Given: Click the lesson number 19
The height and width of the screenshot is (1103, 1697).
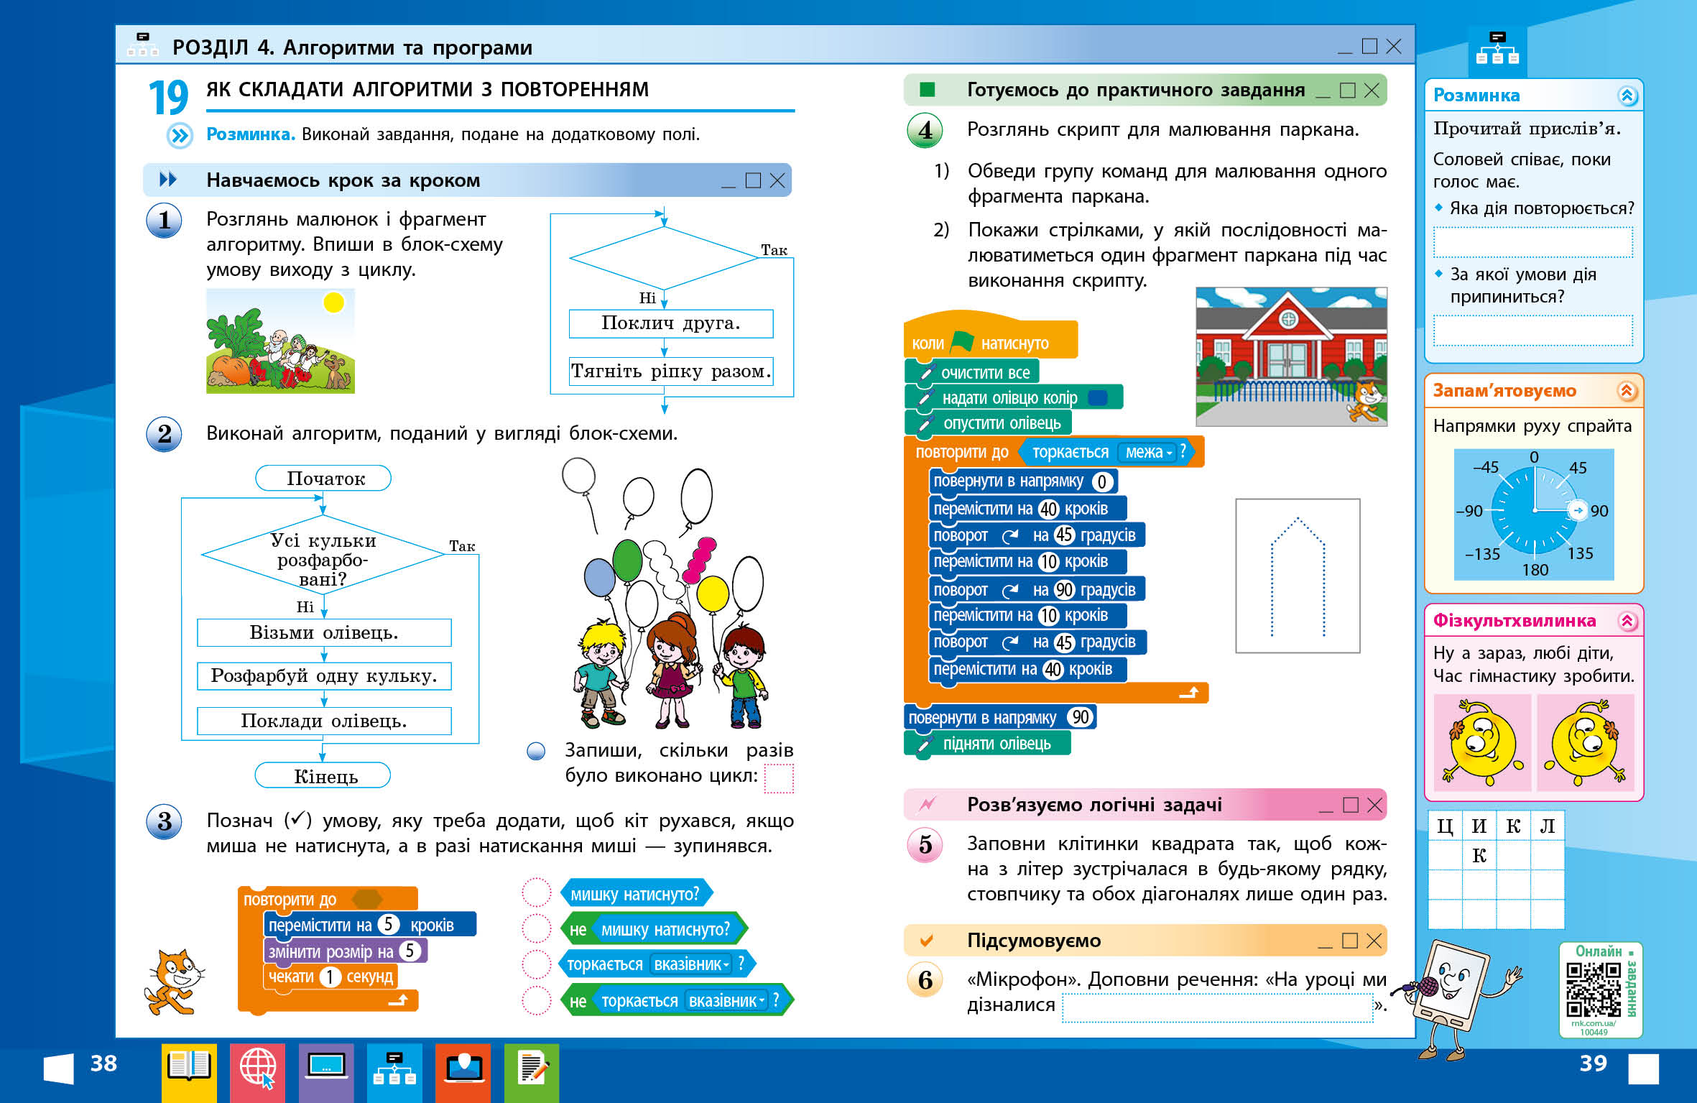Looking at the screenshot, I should [x=168, y=97].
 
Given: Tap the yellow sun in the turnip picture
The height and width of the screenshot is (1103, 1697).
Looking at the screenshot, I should [x=333, y=303].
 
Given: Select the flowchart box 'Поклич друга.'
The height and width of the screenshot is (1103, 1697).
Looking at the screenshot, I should [x=670, y=323].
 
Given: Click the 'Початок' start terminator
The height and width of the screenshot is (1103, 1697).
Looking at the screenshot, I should [x=323, y=479].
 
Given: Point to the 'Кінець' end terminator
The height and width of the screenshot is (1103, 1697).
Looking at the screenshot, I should [x=323, y=776].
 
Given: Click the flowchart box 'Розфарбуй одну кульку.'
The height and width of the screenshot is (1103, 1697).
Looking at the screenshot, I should [x=324, y=676].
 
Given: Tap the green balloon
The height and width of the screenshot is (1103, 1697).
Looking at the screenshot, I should [x=627, y=560].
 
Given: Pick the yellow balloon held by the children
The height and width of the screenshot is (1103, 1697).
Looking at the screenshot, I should [x=713, y=594].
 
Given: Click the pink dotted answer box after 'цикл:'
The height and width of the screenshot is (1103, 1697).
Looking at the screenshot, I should [x=779, y=778].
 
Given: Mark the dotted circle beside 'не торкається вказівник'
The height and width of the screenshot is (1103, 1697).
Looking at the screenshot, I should [x=536, y=1000].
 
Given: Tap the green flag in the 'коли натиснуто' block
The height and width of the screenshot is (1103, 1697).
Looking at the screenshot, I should [x=962, y=342].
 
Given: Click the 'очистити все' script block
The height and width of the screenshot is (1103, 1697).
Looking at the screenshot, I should [x=984, y=372].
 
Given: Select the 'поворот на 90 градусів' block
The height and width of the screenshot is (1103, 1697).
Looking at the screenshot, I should [x=1035, y=590].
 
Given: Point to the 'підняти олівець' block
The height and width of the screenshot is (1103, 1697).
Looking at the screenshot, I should [x=996, y=744].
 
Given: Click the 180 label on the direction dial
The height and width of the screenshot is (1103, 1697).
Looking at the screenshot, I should [x=1535, y=570].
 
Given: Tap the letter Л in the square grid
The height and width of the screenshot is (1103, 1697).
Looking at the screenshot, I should [x=1547, y=826].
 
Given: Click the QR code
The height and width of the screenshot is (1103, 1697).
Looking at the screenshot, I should [x=1593, y=989].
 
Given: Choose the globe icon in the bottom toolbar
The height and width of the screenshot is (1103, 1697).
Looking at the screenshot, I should [x=257, y=1069].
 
